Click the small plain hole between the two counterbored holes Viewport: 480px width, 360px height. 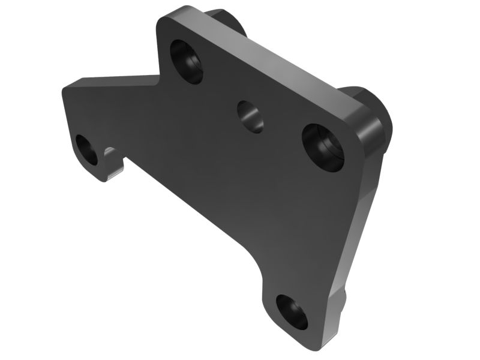point(250,116)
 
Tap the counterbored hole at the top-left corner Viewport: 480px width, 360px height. point(187,61)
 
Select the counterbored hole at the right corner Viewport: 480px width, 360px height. point(323,148)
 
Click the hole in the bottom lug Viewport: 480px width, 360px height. point(292,312)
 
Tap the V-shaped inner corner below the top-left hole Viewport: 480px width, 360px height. point(161,74)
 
